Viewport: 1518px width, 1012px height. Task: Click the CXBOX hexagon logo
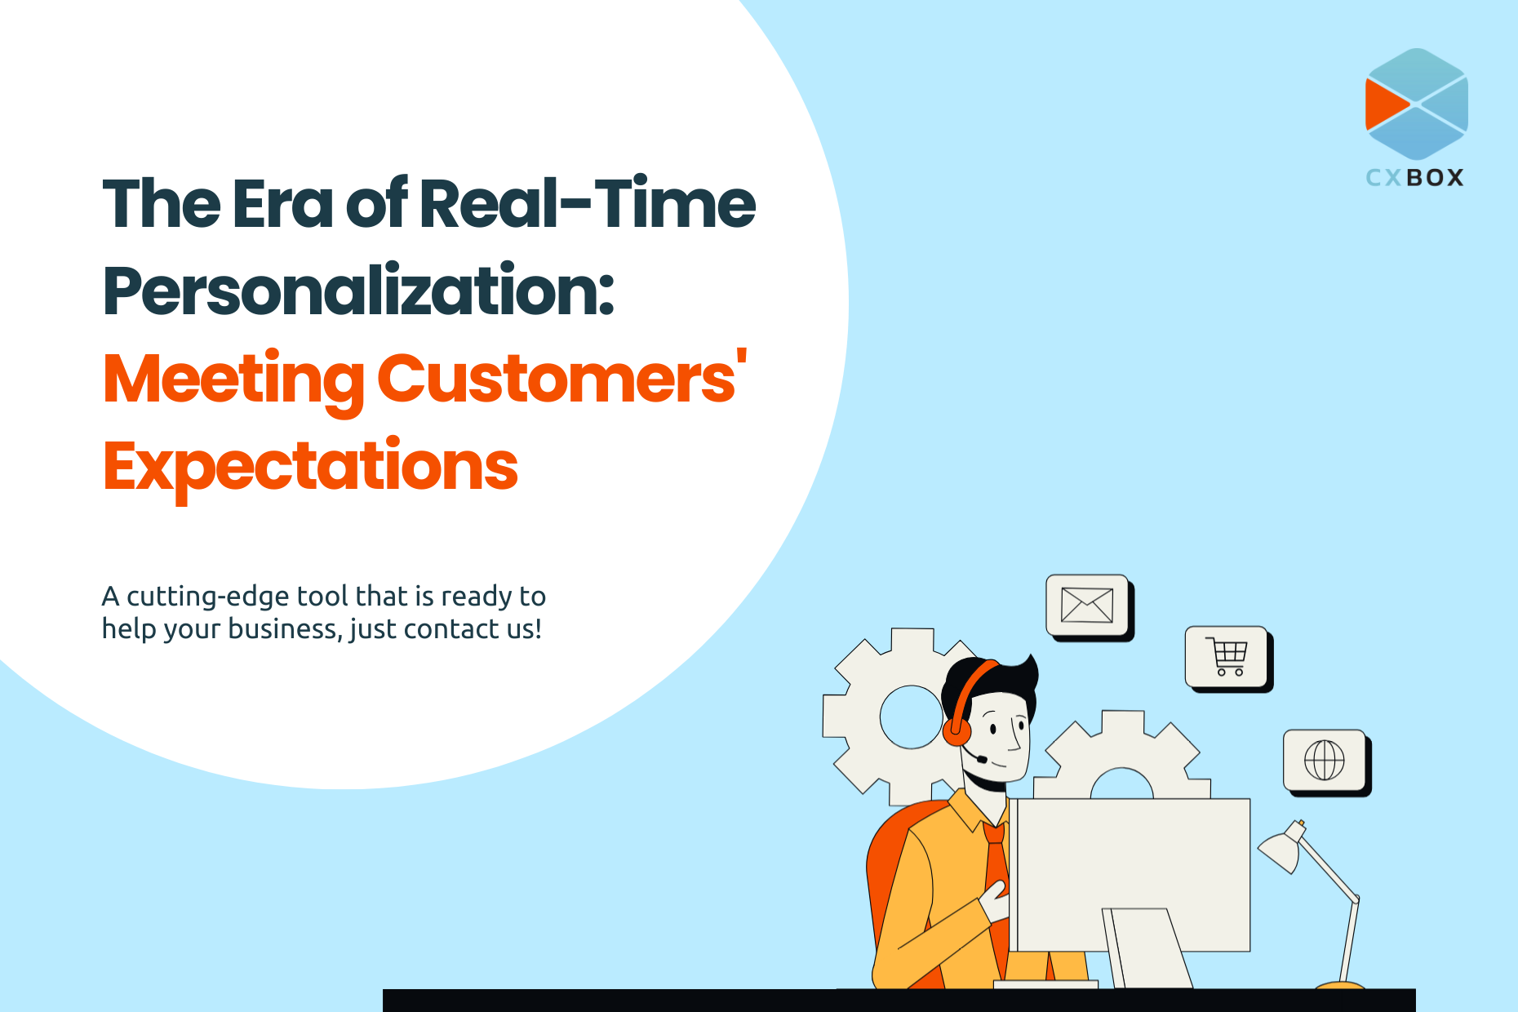[1417, 104]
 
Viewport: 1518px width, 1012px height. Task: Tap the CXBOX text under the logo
[1415, 178]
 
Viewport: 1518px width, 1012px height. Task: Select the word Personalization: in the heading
[358, 291]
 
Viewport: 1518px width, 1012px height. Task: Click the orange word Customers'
[562, 377]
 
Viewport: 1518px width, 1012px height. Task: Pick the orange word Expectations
[310, 467]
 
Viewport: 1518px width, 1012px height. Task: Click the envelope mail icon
[1087, 606]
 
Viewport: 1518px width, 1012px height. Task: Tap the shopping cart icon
[1227, 657]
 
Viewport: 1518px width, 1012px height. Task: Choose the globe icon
[1325, 761]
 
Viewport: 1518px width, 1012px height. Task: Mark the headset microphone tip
[982, 759]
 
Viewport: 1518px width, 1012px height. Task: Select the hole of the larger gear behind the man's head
[911, 717]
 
